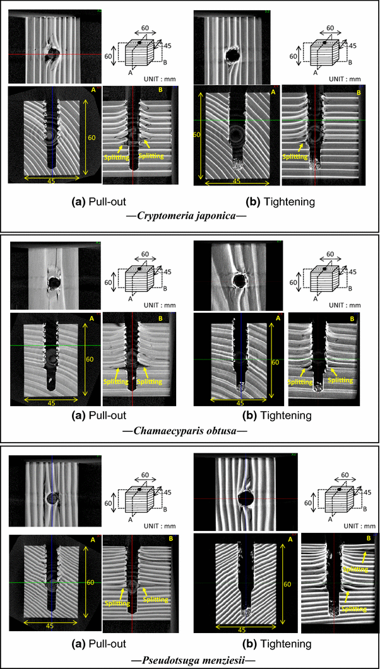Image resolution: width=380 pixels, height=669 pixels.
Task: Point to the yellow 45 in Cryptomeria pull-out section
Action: (x=52, y=181)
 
